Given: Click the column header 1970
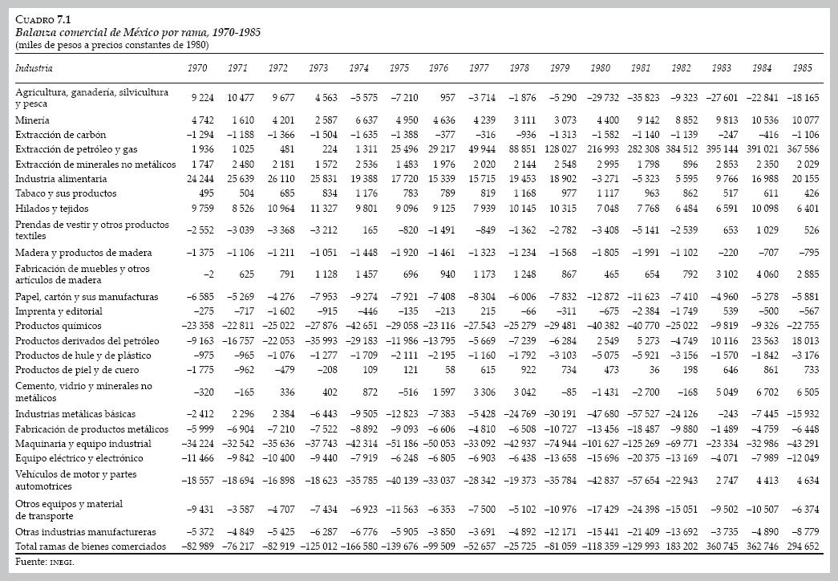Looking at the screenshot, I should [x=196, y=69].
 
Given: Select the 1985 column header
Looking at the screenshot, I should [x=801, y=69].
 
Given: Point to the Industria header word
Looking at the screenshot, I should [x=34, y=69].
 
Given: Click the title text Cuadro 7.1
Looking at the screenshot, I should [x=43, y=19].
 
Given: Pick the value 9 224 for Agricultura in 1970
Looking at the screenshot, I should [x=202, y=98].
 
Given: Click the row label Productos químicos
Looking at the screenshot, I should [x=59, y=326].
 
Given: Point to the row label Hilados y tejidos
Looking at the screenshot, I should [x=51, y=208].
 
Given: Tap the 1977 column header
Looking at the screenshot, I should [x=479, y=69].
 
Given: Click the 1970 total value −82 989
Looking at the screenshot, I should [x=196, y=546].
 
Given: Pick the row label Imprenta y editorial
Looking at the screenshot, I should [x=55, y=311].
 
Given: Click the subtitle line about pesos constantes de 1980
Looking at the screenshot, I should [x=112, y=45].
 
